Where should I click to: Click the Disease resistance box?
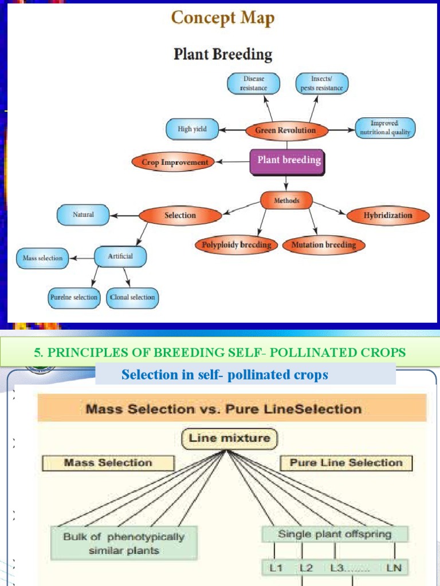coord(253,83)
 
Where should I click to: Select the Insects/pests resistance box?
coord(322,83)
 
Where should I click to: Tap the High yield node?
coord(192,129)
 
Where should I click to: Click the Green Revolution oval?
coord(285,130)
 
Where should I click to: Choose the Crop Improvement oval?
coord(175,163)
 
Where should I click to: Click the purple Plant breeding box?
coord(288,161)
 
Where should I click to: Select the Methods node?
coord(286,201)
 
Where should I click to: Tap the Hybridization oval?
coord(388,216)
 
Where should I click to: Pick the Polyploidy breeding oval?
coord(236,245)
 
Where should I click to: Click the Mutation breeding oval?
coord(324,245)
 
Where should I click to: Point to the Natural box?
coord(83,215)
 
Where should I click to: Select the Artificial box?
coord(120,256)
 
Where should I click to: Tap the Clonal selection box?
coord(132,298)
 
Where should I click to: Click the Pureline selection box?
coord(74,298)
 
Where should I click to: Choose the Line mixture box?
coord(229,439)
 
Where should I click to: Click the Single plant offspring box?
coord(335,534)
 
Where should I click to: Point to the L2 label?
coord(306,568)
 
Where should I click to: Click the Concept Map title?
coord(223,18)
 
